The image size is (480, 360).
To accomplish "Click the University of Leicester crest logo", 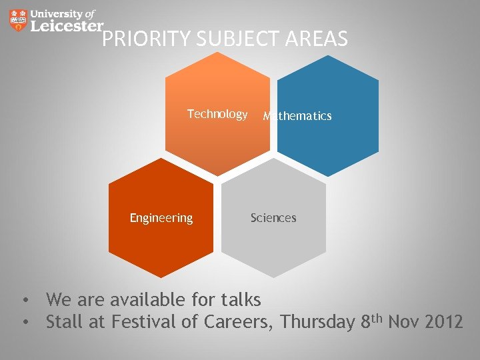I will [x=19, y=20].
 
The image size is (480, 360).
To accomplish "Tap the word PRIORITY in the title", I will [x=147, y=40].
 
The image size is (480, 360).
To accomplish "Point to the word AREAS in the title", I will [x=316, y=40].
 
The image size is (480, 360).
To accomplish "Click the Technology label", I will [x=217, y=114].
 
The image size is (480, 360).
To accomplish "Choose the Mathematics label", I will [x=297, y=116].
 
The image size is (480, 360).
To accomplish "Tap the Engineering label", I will [x=161, y=218].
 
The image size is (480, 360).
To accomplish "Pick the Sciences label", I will [x=273, y=218].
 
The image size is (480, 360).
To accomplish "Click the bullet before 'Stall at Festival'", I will [x=25, y=323].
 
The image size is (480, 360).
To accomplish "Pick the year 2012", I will [x=443, y=323].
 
